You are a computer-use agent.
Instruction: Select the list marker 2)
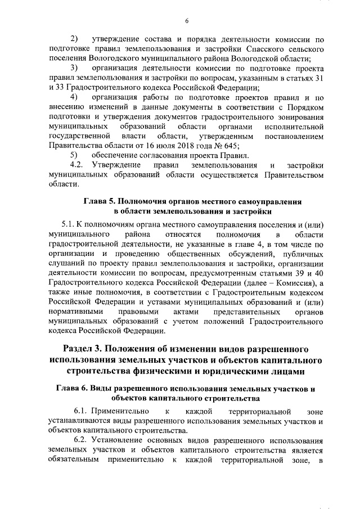click(x=74, y=39)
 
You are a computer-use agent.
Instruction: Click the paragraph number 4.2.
click(x=76, y=165)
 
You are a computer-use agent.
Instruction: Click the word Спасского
click(x=266, y=49)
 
